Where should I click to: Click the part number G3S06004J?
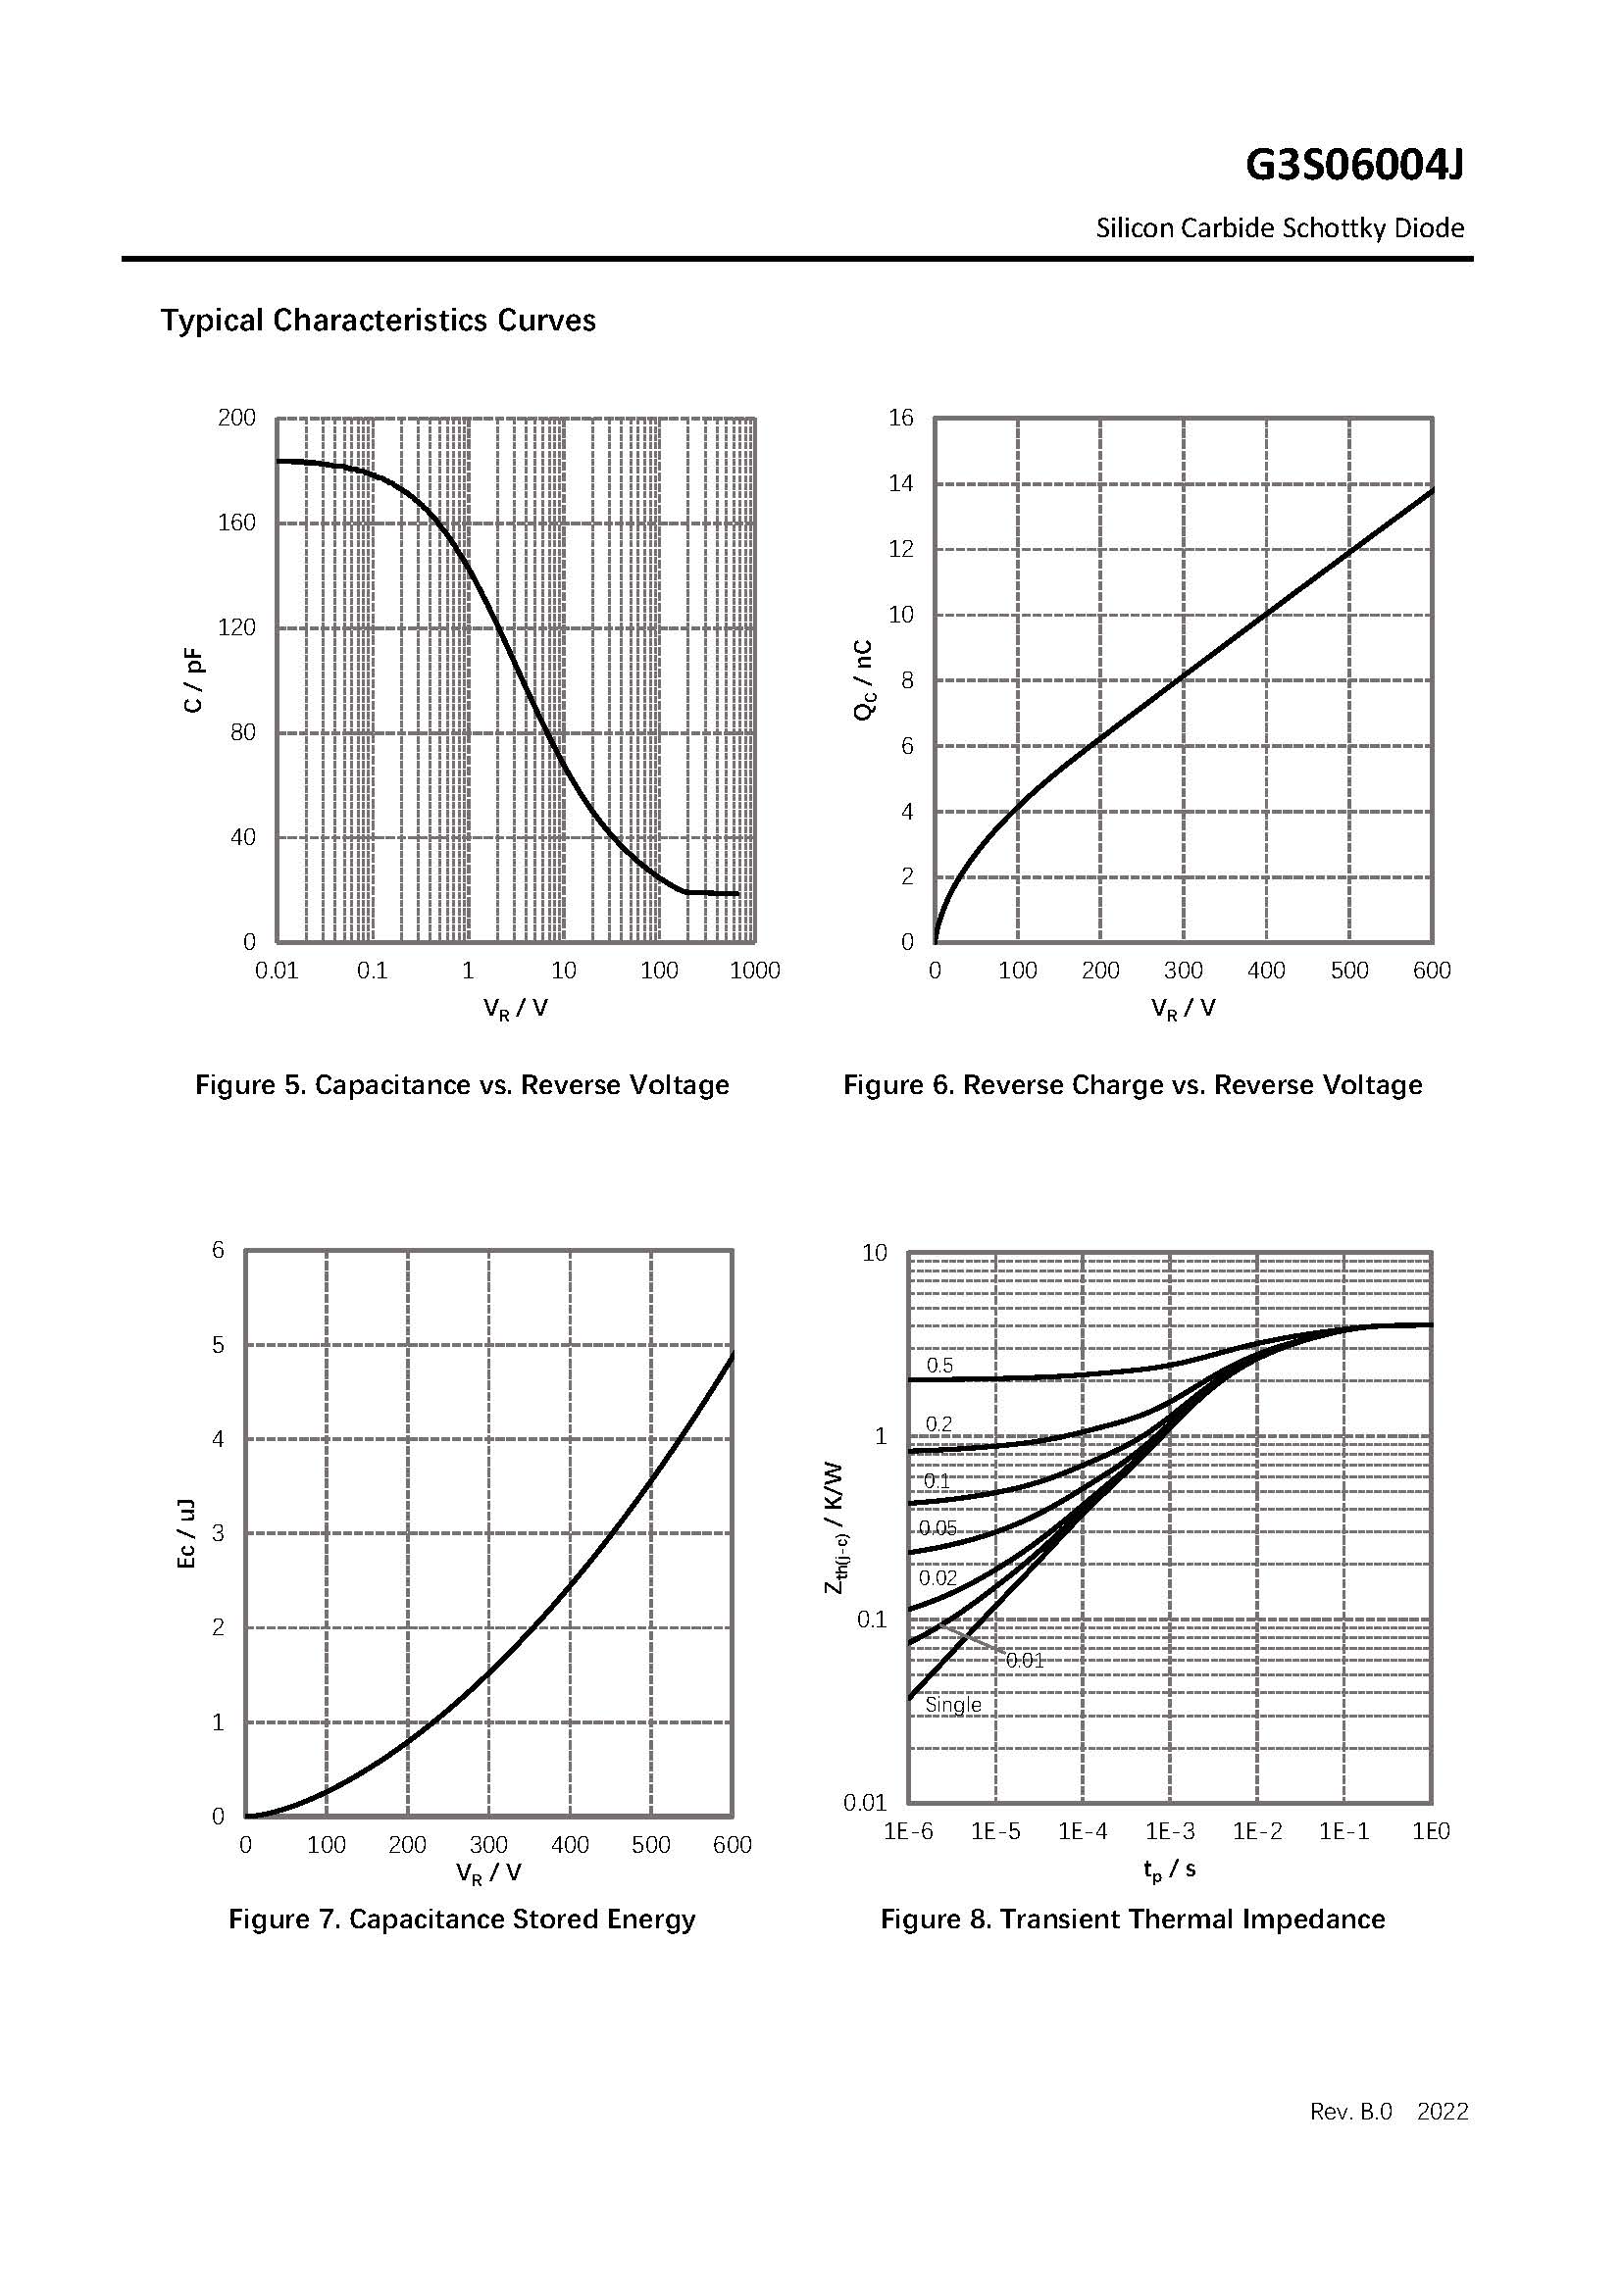click(1353, 166)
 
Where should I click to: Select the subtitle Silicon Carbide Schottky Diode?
click(1280, 228)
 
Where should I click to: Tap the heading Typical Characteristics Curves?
click(378, 321)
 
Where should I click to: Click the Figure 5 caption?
click(462, 1084)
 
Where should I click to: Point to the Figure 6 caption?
click(1133, 1084)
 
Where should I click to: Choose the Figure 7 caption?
click(462, 1919)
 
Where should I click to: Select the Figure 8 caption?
click(1133, 1919)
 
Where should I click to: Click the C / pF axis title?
click(194, 680)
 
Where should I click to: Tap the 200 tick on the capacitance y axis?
click(236, 418)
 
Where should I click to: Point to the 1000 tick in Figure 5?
click(755, 971)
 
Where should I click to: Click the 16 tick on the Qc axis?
click(901, 418)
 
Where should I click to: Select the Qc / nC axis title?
click(864, 680)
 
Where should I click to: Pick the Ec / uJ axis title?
click(186, 1534)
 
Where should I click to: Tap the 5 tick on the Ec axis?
click(218, 1344)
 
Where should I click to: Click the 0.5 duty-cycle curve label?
click(939, 1367)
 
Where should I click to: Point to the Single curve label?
click(953, 1706)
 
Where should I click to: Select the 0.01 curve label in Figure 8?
click(1025, 1661)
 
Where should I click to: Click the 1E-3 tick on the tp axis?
click(1170, 1831)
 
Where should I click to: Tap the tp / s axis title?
click(1170, 1869)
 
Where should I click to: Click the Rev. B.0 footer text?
click(1350, 2112)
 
